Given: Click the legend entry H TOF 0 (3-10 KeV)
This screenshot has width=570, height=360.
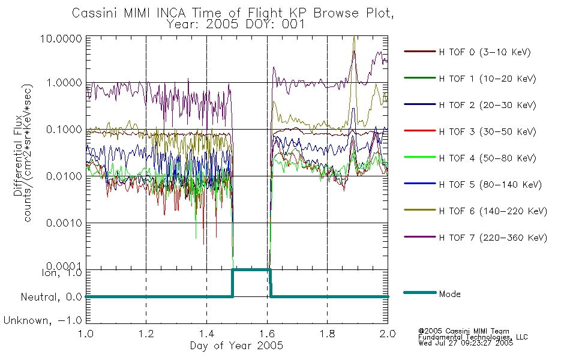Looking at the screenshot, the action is (485, 52).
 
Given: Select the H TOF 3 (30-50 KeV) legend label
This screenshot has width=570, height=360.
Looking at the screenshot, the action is (487, 131).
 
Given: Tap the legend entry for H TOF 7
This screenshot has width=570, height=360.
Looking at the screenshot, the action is (493, 238).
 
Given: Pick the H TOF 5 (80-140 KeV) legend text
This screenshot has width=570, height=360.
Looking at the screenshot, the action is (490, 185).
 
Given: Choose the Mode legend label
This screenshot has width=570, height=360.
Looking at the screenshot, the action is (449, 294).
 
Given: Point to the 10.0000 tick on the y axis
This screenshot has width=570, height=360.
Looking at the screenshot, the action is (61, 38).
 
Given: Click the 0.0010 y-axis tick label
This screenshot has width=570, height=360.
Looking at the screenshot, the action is (64, 223).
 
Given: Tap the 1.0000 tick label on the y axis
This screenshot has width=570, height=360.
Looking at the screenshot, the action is (64, 83).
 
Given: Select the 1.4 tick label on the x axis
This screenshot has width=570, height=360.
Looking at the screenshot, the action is (206, 334).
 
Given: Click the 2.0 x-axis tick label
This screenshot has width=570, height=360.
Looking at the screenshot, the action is (388, 334).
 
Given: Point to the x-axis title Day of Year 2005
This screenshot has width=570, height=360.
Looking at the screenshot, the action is (236, 346).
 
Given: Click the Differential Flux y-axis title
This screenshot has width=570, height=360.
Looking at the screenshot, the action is (18, 156).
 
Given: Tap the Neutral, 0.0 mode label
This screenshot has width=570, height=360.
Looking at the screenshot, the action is (51, 298).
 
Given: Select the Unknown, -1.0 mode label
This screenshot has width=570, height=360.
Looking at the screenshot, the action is (43, 321).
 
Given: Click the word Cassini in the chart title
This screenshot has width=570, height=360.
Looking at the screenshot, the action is (95, 13).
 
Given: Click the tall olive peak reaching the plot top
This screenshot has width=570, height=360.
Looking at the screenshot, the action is (355, 38).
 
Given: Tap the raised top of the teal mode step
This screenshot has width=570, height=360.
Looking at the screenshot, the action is (251, 269).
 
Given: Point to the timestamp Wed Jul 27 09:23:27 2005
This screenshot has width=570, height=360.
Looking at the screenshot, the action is (466, 343).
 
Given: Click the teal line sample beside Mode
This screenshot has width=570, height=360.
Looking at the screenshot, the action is (420, 292).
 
